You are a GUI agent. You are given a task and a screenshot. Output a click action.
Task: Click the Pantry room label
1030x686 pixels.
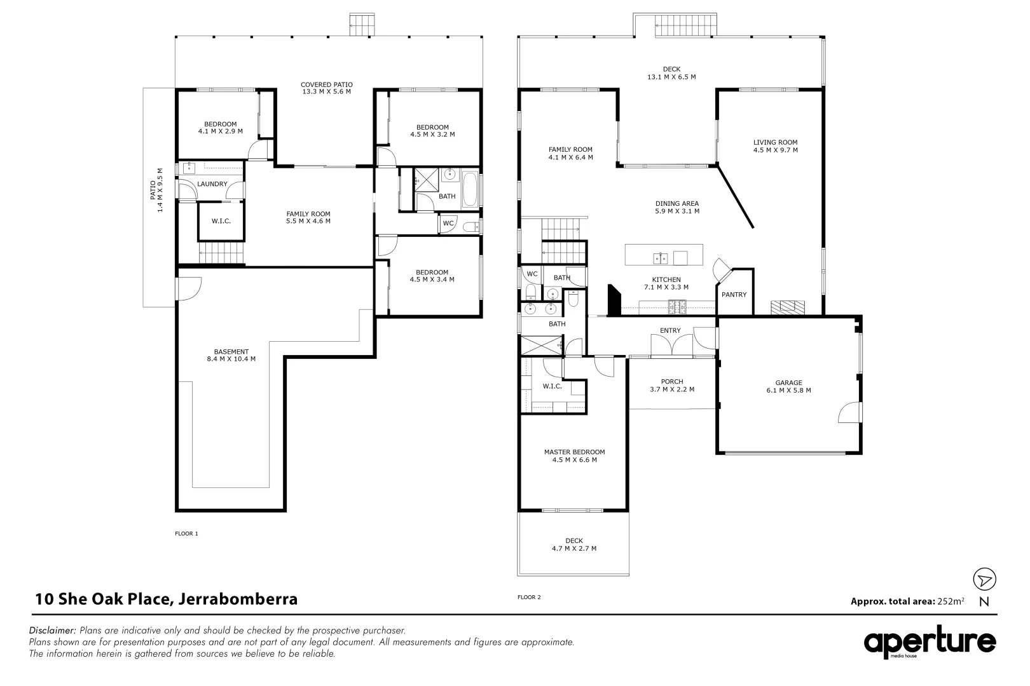click(734, 295)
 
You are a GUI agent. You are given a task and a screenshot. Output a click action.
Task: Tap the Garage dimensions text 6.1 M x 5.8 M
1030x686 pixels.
click(788, 391)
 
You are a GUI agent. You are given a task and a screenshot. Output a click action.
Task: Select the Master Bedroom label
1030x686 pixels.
click(574, 452)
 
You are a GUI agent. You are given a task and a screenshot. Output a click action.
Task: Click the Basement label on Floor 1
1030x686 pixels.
click(231, 351)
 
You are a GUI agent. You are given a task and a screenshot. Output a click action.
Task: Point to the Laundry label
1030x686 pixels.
click(212, 184)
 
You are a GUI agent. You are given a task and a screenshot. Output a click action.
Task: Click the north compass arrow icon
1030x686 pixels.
click(984, 579)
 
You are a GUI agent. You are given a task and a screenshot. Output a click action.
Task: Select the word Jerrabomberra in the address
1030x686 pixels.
click(238, 598)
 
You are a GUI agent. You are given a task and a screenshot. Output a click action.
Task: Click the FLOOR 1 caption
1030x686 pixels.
click(186, 534)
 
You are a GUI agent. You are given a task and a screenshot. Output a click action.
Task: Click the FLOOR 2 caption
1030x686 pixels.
click(529, 597)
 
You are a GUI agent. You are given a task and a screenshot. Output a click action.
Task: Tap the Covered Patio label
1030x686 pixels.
click(326, 84)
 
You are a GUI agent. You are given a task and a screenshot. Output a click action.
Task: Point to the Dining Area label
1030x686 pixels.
click(677, 204)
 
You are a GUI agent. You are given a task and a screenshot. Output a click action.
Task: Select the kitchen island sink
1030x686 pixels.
click(659, 257)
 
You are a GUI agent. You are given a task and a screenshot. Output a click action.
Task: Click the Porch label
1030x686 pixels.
click(672, 382)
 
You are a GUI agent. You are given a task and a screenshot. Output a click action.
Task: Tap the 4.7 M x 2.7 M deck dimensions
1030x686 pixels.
click(573, 549)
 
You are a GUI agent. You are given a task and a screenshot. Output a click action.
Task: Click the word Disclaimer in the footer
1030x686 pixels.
click(52, 631)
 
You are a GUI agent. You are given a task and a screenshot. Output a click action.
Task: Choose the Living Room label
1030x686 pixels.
click(775, 142)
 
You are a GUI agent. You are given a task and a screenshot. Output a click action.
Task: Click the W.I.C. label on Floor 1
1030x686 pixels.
click(221, 221)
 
